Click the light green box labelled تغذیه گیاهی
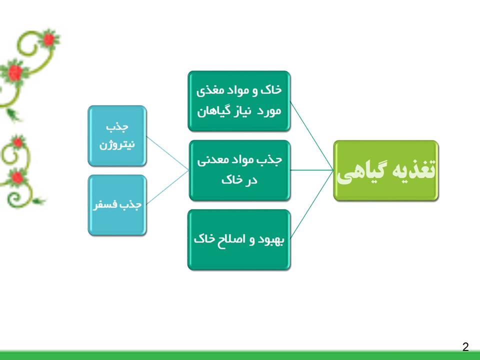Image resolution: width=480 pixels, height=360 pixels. click(385, 170)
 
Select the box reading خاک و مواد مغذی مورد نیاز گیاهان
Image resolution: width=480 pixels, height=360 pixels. click(239, 101)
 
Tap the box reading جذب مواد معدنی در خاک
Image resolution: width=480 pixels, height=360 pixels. click(239, 170)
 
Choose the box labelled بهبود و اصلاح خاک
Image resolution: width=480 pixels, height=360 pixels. click(239, 239)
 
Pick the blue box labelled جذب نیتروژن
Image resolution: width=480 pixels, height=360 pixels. click(117, 136)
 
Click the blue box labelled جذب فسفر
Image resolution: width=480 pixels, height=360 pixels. click(117, 205)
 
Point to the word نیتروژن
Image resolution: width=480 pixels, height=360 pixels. click(117, 144)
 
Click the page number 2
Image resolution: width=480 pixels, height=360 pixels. click(465, 346)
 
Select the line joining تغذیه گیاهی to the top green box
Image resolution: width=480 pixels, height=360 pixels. click(311, 135)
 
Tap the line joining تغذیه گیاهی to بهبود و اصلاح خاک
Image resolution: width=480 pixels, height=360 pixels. click(311, 205)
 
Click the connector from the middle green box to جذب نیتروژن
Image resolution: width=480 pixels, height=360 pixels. click(168, 153)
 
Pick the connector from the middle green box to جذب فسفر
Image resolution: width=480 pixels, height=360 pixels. click(168, 187)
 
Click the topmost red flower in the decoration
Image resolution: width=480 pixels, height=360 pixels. click(48, 39)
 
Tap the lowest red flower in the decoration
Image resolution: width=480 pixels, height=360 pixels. click(17, 177)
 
